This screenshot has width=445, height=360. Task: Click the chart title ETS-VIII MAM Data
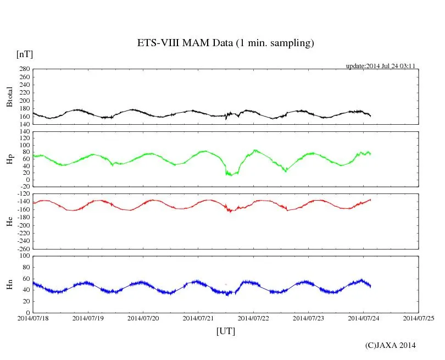225,43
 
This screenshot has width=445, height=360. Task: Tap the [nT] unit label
24,54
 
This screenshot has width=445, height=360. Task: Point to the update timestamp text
380,66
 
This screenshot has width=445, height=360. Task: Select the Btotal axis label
9,97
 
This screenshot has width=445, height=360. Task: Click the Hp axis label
9,159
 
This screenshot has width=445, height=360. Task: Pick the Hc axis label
9,221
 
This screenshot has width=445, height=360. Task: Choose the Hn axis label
9,284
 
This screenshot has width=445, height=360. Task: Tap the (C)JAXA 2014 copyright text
390,345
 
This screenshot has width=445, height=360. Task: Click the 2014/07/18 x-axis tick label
33,318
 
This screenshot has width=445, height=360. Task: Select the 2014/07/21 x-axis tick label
198,318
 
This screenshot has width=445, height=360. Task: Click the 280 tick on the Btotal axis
24,69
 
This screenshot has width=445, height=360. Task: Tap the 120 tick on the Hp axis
24,131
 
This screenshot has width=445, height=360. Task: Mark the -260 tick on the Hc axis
22,248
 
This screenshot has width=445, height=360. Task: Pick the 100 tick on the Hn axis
24,256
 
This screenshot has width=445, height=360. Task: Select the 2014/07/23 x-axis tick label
308,318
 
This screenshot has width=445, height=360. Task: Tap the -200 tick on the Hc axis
22,225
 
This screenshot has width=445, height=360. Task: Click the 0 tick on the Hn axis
27,313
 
